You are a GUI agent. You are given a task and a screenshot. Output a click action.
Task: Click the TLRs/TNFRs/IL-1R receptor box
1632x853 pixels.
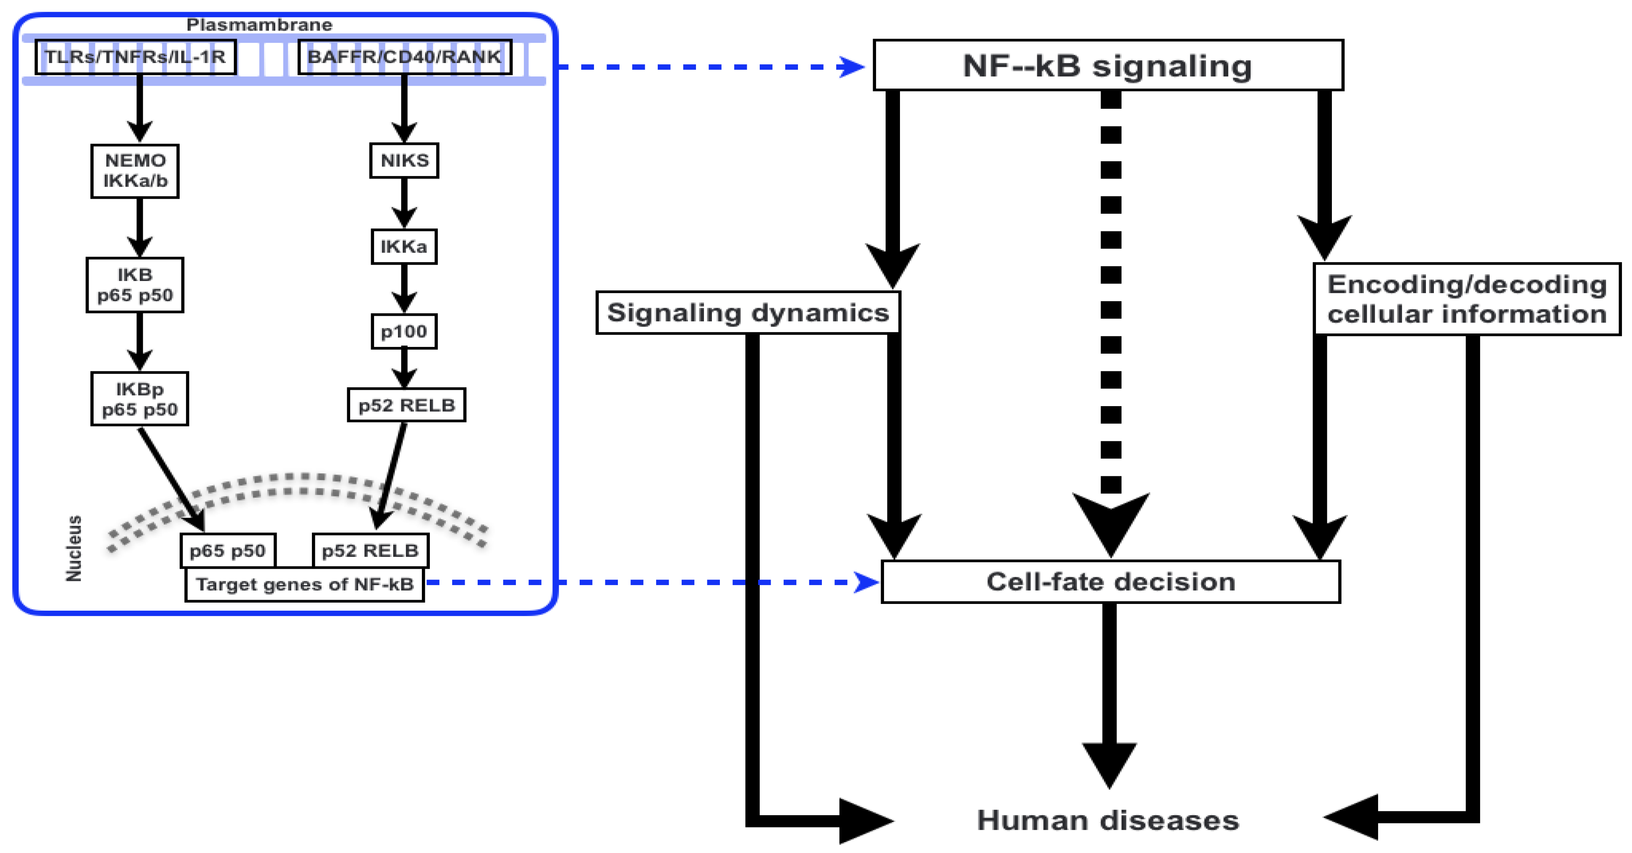pyautogui.click(x=136, y=57)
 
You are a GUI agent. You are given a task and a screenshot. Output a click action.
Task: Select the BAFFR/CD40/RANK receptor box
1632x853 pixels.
pyautogui.click(x=404, y=57)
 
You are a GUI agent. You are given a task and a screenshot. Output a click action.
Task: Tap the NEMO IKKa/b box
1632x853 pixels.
pyautogui.click(x=135, y=171)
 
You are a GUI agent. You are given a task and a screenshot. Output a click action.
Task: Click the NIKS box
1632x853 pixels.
pyautogui.click(x=404, y=160)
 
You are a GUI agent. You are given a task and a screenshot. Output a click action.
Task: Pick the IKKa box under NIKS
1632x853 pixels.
pyautogui.click(x=404, y=247)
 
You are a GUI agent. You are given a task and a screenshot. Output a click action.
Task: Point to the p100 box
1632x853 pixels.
pyautogui.click(x=404, y=331)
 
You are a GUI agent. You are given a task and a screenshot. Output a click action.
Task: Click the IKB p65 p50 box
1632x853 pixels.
pyautogui.click(x=135, y=285)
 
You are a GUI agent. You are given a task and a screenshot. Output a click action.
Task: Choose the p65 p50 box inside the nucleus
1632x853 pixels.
pyautogui.click(x=228, y=550)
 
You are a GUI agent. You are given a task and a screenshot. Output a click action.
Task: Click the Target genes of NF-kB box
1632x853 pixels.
pyautogui.click(x=305, y=584)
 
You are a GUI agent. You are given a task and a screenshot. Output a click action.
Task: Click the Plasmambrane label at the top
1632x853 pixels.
pyautogui.click(x=259, y=25)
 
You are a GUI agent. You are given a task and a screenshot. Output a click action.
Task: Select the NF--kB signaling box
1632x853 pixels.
pyautogui.click(x=1108, y=65)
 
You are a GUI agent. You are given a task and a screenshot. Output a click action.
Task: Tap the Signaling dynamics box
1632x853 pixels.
pyautogui.click(x=748, y=312)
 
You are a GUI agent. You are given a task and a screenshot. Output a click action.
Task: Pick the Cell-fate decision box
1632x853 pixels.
pyautogui.click(x=1111, y=582)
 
